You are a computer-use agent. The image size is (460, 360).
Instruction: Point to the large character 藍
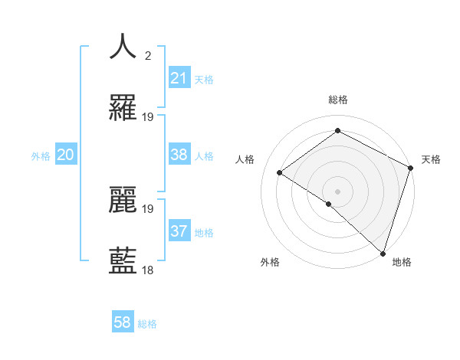pos(123,261)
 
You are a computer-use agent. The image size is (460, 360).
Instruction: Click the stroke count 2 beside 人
pos(147,55)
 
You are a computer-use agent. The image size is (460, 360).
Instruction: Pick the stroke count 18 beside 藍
pos(148,270)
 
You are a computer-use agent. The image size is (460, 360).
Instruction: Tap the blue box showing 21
pos(179,78)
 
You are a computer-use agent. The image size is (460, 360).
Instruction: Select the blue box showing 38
pos(179,155)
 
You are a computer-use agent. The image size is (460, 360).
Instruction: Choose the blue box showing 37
pos(179,231)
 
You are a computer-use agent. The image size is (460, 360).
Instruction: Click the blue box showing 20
pos(65,155)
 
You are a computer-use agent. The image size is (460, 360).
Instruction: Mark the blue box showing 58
pos(123,322)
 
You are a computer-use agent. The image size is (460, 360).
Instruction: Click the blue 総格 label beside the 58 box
pos(147,324)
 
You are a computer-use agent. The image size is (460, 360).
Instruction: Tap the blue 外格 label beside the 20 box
pos(41,156)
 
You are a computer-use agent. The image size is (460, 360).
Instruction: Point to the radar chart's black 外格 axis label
pos(270,262)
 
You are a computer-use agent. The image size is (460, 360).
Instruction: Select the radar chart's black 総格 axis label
pos(337,100)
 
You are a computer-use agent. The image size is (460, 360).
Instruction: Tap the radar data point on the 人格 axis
pos(280,172)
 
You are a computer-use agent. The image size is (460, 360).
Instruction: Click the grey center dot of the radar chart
pos(337,191)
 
